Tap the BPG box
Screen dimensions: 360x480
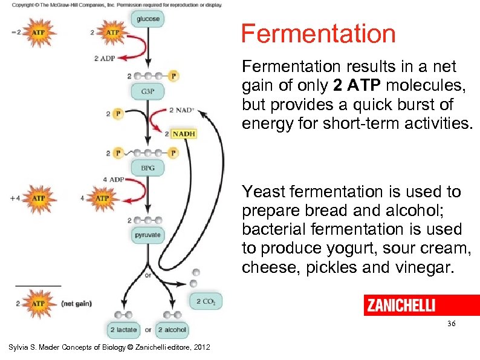click(147, 167)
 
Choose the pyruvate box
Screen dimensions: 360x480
click(147, 234)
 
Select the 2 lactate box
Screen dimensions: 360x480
click(123, 330)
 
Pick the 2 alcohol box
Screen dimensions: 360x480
click(172, 330)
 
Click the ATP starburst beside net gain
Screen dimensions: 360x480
click(38, 303)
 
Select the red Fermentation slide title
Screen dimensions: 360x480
click(318, 34)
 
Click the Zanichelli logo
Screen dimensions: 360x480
click(400, 306)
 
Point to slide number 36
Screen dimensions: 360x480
click(451, 325)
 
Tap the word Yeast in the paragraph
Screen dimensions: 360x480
click(264, 192)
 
